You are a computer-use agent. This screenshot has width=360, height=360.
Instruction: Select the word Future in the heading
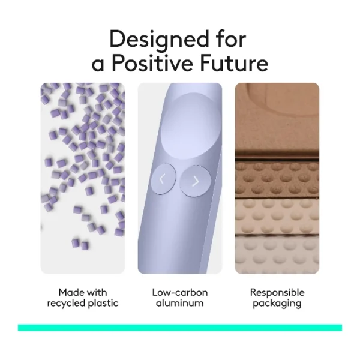point(234,63)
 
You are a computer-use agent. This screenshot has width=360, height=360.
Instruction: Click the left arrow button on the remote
point(163,179)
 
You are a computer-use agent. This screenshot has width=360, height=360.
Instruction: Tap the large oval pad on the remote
point(191,126)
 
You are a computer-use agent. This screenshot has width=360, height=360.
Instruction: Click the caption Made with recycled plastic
point(83,298)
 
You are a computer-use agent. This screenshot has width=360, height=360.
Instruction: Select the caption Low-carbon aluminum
point(180,298)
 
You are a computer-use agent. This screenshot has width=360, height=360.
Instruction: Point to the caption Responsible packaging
point(277,298)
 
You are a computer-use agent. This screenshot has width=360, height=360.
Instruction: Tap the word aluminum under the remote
point(180,303)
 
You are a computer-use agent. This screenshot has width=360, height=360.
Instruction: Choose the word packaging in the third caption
point(277,304)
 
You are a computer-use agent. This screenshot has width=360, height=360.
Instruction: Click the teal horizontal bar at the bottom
point(180,328)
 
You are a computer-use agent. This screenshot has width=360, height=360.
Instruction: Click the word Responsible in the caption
point(277,293)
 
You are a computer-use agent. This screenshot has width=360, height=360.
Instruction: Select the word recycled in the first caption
point(67,303)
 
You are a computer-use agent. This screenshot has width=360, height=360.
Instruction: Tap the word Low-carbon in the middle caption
point(180,293)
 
